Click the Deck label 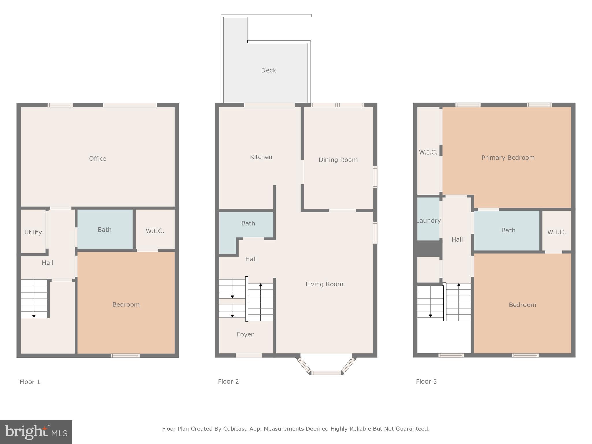click(x=268, y=70)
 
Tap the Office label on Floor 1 click(x=97, y=158)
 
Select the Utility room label click(x=33, y=232)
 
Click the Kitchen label click(x=261, y=157)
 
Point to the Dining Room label click(x=338, y=160)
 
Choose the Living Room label click(x=324, y=284)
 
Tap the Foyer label click(x=245, y=334)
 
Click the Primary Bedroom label click(x=508, y=158)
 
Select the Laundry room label click(x=429, y=221)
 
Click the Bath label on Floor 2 click(x=248, y=223)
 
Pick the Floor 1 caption click(x=30, y=382)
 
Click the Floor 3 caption click(x=426, y=382)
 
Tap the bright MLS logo click(x=36, y=432)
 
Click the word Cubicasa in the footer click(x=235, y=429)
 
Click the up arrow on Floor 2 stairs click(x=260, y=285)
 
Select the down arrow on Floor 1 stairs click(x=34, y=316)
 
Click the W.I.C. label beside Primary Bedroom click(x=428, y=152)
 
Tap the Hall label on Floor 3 click(x=457, y=240)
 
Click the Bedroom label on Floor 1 click(x=126, y=304)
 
